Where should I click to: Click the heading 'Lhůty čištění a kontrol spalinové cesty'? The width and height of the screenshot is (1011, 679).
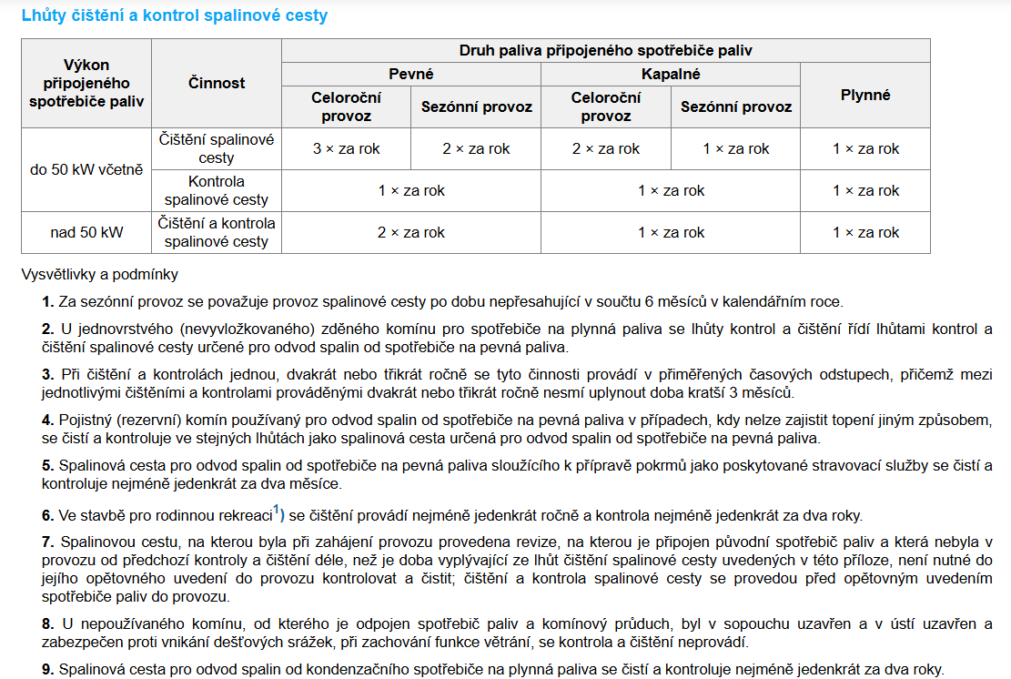pos(174,15)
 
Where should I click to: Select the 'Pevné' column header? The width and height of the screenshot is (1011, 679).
pos(411,75)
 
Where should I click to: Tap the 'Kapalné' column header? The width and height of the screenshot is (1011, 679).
pos(671,75)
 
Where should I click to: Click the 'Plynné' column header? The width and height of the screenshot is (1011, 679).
pos(865,95)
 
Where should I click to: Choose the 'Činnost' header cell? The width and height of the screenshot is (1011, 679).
pos(217,83)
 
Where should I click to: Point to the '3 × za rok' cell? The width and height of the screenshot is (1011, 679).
pos(347,148)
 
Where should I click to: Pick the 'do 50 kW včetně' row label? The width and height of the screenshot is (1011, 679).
pos(86,169)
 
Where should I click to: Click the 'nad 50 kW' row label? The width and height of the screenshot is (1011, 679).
pos(86,232)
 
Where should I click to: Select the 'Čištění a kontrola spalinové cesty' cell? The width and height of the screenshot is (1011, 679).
pos(217,232)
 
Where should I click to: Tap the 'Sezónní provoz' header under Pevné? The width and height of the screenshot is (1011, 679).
pos(476,106)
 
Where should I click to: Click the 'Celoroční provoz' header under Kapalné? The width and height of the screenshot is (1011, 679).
pos(606,106)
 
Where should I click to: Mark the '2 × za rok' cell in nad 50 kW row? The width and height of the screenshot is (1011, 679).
pos(411,232)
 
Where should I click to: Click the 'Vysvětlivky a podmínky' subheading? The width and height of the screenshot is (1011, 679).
pos(99,273)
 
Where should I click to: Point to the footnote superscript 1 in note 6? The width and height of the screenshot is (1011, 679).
pos(277,509)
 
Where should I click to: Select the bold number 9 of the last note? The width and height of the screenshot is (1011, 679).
pos(46,669)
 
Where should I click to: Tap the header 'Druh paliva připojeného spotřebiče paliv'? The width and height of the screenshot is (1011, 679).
pos(606,51)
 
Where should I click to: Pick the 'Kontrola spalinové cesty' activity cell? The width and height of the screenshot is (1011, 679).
pos(217,190)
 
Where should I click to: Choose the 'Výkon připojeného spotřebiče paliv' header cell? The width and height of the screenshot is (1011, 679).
pos(86,83)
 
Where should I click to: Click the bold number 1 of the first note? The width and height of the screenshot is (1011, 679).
pos(46,301)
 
